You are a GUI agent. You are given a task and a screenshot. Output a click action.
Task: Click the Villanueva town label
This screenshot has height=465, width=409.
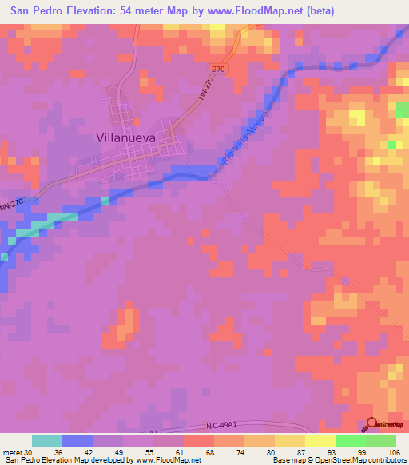125,137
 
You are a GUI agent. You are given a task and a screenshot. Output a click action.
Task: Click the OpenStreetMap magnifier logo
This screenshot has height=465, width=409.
371,425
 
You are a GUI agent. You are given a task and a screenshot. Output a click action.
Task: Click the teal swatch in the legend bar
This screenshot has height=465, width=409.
47,440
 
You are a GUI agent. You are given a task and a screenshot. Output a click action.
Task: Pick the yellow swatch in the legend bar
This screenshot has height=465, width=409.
320,440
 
